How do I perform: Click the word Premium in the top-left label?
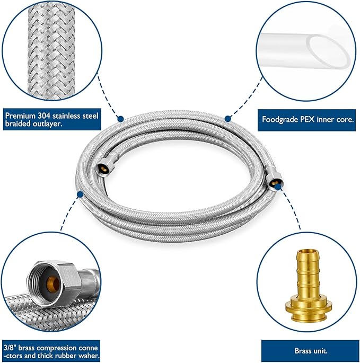21,114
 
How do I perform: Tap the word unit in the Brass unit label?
321,350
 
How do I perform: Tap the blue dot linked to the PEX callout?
227,118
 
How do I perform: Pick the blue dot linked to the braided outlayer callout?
120,119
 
